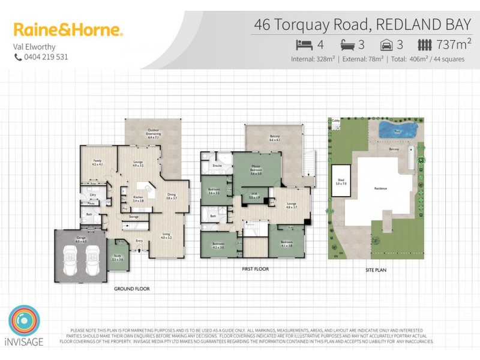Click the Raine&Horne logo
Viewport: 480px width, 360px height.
(x=68, y=30)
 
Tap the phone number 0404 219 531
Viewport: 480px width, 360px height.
(x=46, y=57)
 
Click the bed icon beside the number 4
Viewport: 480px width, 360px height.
(x=305, y=44)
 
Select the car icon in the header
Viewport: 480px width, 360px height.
(x=387, y=44)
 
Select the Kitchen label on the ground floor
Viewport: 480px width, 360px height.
(x=137, y=199)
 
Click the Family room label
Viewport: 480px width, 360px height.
(x=97, y=162)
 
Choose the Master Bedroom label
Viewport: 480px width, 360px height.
(x=256, y=171)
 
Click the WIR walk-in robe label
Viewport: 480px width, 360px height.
(x=254, y=195)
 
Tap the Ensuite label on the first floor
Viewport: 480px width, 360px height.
(x=218, y=165)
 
